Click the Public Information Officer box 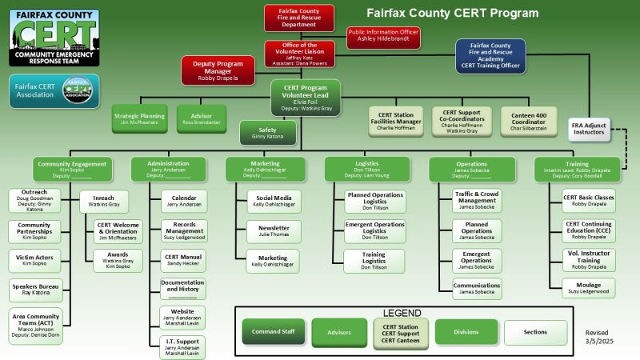383,37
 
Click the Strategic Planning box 138,119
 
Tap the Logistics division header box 366,168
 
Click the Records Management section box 183,231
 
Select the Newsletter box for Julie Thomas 272,230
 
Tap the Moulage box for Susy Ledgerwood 590,288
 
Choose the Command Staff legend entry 272,331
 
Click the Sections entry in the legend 535,331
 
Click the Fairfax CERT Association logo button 54,91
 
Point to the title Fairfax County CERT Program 453,13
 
